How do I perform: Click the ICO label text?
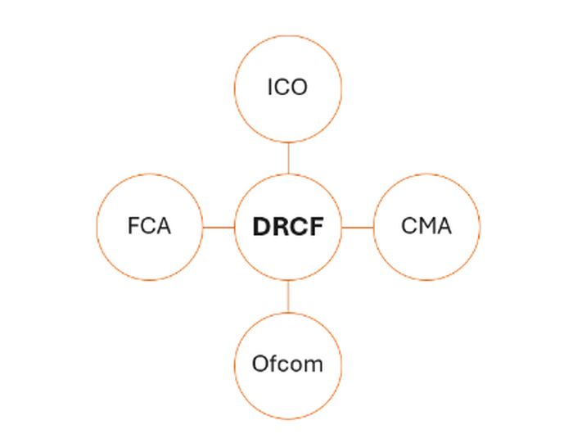[x=287, y=87]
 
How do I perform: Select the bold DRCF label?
[x=287, y=227]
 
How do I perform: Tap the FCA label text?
[x=149, y=226]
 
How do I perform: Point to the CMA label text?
[x=426, y=226]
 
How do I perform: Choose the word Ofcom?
[x=287, y=364]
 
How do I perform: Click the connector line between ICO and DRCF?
[x=288, y=158]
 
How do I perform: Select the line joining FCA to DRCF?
[x=219, y=227]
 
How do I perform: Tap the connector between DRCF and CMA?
[x=357, y=227]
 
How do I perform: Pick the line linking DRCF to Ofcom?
[x=288, y=296]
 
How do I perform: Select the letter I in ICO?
[x=271, y=87]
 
